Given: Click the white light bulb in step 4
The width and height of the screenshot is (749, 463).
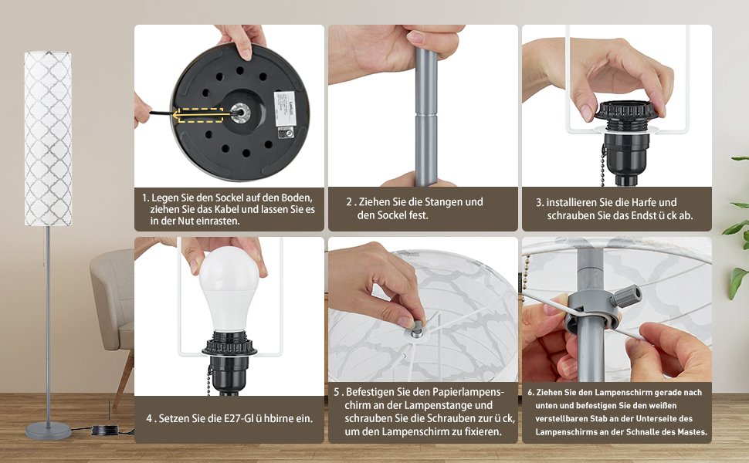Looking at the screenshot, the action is tap(230, 289).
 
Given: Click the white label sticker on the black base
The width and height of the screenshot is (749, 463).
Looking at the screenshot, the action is tap(285, 108).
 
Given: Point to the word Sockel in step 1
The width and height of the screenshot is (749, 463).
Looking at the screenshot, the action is tap(230, 198).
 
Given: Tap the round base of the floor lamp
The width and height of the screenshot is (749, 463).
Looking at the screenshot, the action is tap(48, 431).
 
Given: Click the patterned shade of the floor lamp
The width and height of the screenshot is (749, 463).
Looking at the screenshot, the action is tap(48, 138).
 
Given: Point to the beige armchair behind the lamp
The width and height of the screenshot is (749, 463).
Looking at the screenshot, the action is tap(113, 310).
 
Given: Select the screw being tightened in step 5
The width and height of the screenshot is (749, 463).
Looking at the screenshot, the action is tap(417, 329).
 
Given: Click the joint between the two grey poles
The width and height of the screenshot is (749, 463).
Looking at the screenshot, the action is tap(425, 113).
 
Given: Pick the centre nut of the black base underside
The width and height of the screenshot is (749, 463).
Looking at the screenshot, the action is tap(240, 113).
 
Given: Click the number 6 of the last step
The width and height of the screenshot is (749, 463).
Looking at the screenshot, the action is tap(530, 392).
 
